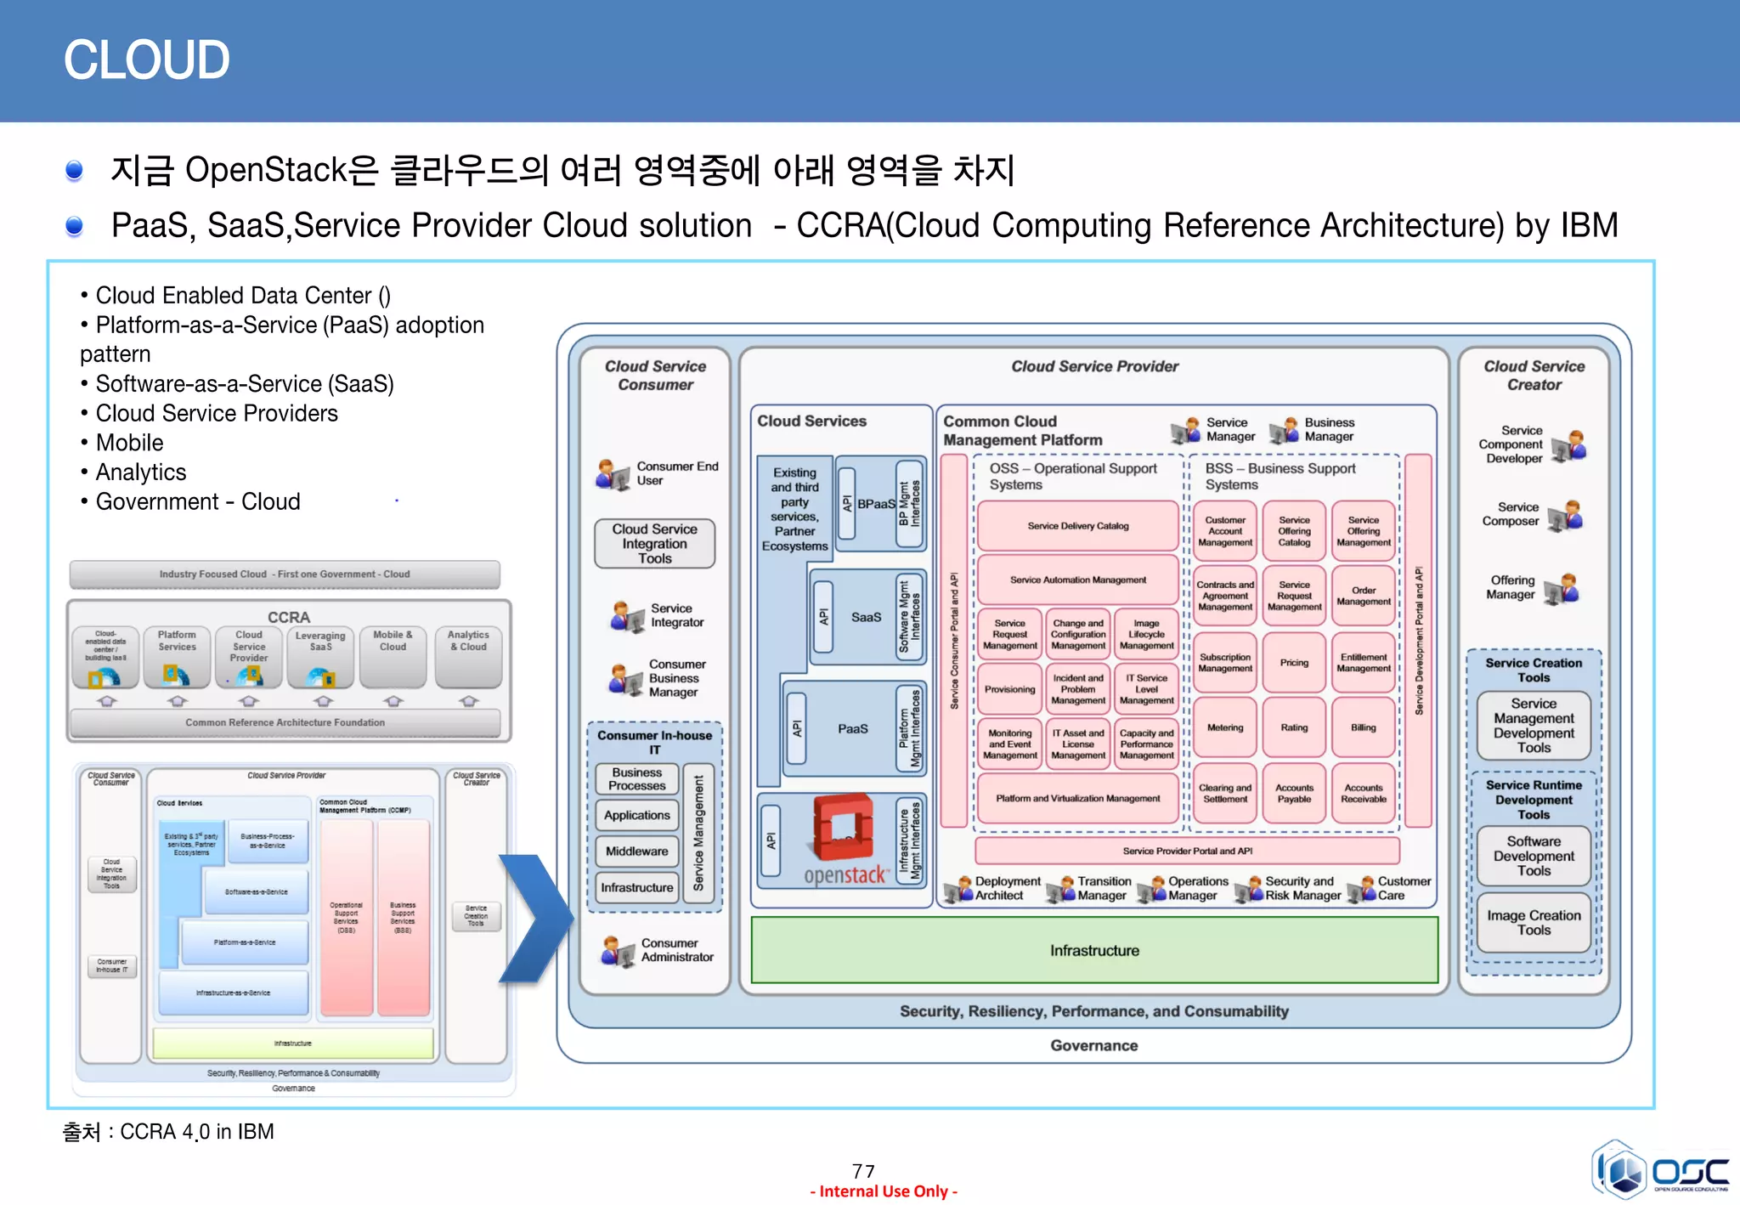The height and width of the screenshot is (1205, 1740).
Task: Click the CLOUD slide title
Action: coord(146,60)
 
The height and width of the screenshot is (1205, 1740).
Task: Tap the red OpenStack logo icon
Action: coord(843,828)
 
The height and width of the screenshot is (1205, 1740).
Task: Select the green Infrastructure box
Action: coord(1093,950)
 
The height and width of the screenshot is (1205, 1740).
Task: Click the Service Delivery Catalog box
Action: coord(1077,526)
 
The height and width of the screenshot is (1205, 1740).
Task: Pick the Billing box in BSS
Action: coord(1363,727)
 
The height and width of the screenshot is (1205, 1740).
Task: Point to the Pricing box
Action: coord(1294,663)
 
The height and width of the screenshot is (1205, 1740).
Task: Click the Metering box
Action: coord(1224,727)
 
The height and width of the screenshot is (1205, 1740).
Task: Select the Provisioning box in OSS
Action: coord(1009,689)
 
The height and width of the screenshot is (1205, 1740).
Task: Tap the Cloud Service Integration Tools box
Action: coord(654,544)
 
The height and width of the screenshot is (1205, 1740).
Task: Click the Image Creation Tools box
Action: coord(1533,923)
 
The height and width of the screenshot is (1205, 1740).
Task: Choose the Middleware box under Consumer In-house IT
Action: coord(636,851)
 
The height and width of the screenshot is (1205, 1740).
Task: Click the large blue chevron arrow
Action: coord(535,918)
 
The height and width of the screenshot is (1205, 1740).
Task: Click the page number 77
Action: coord(863,1171)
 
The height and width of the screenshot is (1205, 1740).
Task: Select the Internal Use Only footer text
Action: coord(884,1191)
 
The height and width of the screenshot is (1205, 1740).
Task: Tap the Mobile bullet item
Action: coord(129,443)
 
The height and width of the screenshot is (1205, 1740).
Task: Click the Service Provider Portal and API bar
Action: coord(1187,851)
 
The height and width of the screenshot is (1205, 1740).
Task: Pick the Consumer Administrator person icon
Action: coord(618,952)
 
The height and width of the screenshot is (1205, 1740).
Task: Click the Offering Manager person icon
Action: coord(1561,588)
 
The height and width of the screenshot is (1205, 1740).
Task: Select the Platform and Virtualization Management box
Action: coord(1077,799)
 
